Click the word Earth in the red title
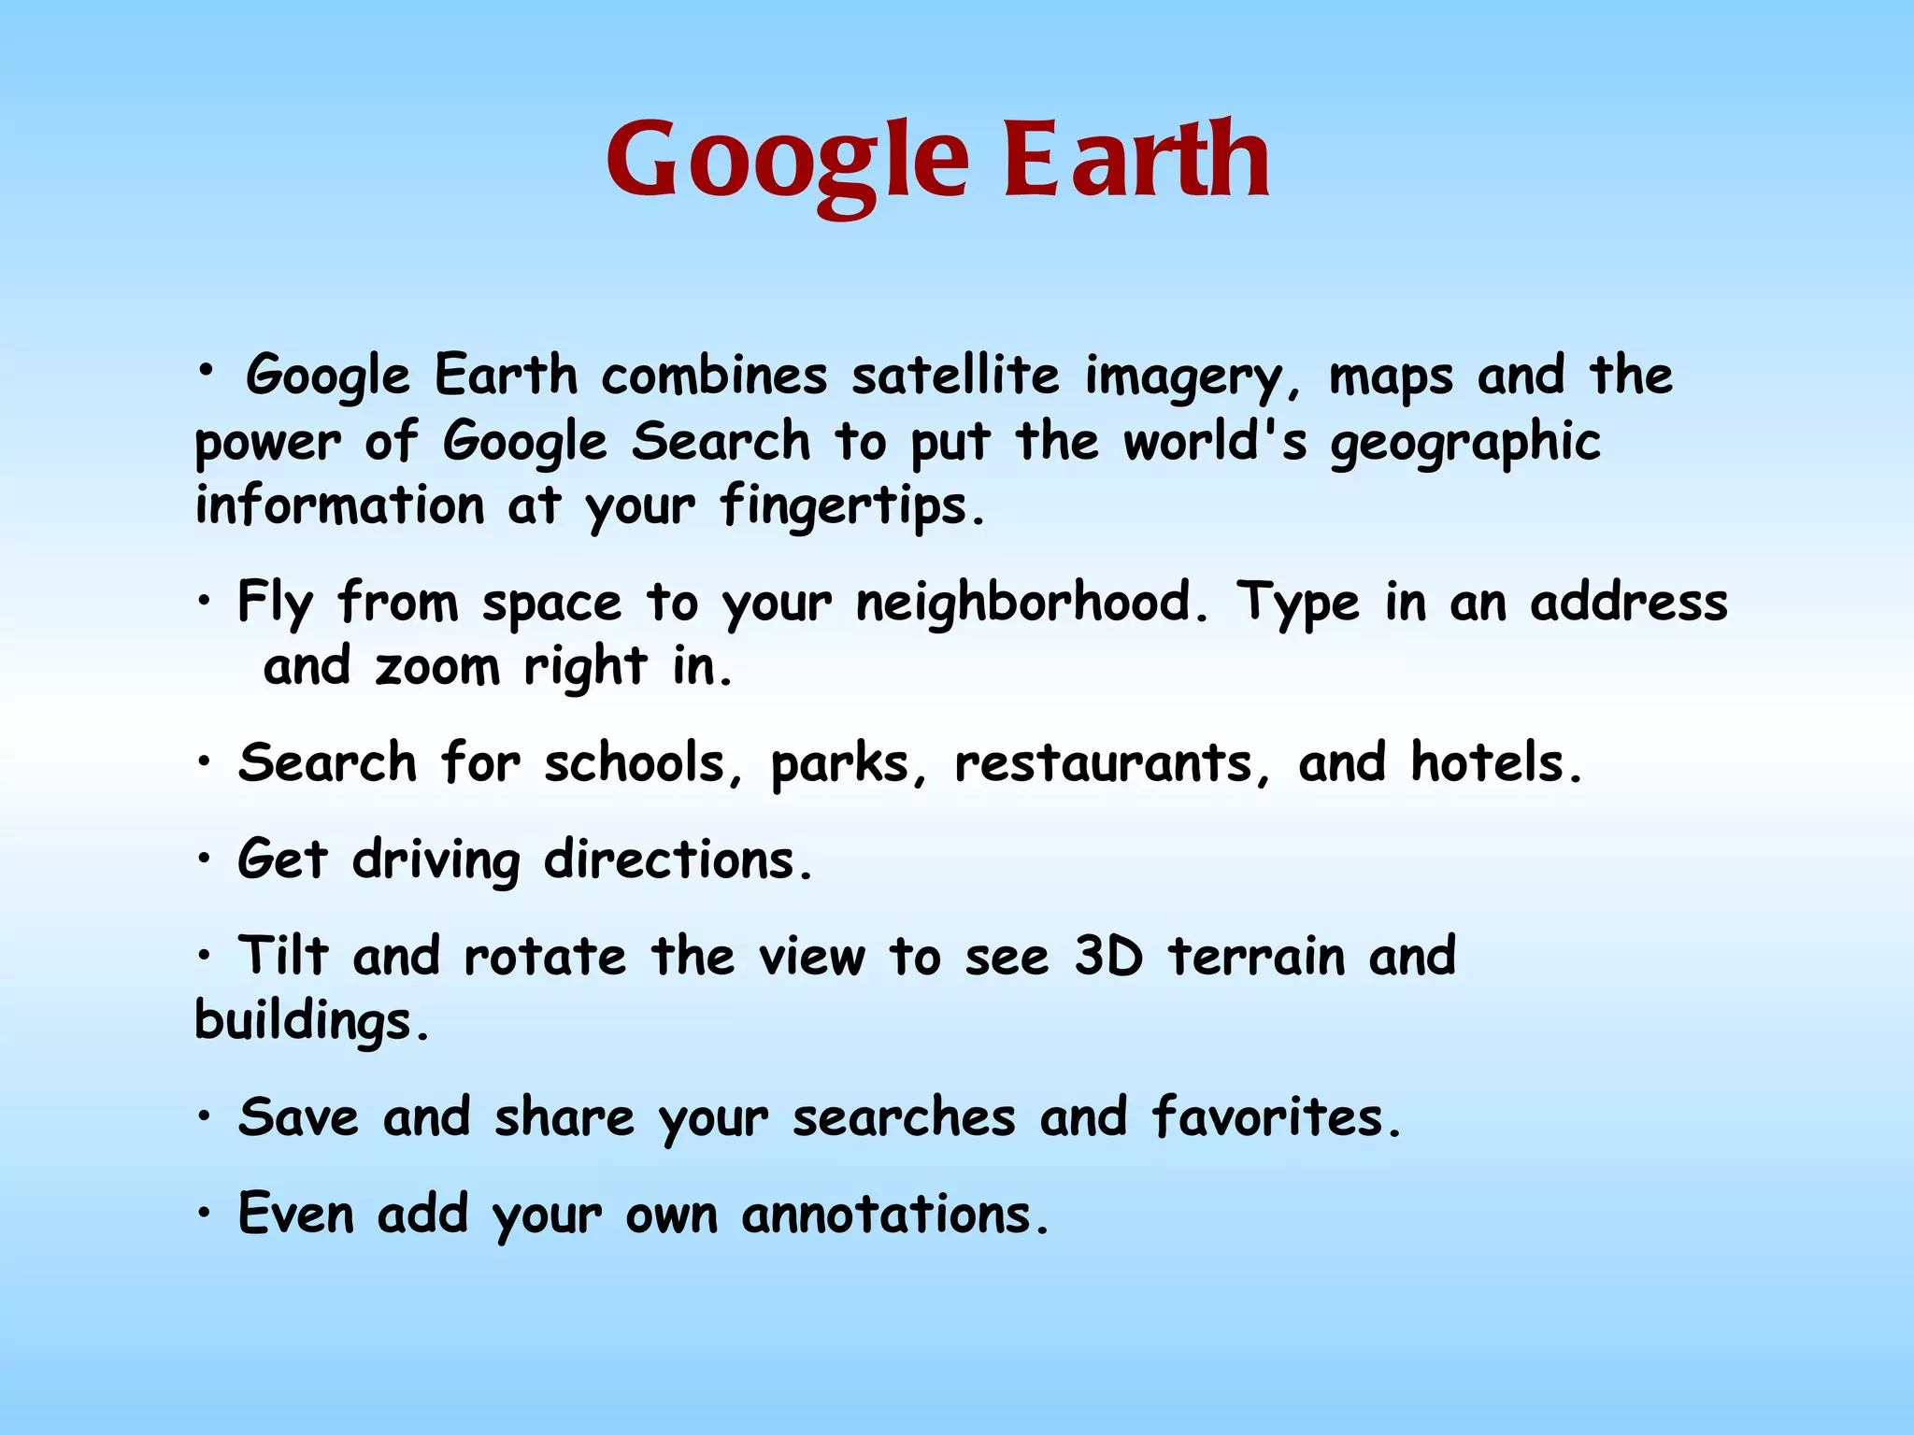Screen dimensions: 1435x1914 point(1136,161)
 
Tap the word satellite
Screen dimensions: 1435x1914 point(955,376)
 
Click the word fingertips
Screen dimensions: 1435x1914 point(850,508)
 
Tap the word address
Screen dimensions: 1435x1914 point(1629,603)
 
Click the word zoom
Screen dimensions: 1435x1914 point(437,668)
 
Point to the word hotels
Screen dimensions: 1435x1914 point(1495,762)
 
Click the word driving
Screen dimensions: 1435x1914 point(436,861)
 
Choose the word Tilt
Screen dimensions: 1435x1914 point(283,956)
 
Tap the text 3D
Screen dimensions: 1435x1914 point(1108,956)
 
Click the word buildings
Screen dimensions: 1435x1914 point(311,1022)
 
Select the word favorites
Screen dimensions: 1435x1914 point(1277,1117)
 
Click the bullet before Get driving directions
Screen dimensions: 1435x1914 point(205,860)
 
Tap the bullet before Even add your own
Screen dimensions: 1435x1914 point(205,1215)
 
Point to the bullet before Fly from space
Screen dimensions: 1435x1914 point(205,603)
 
